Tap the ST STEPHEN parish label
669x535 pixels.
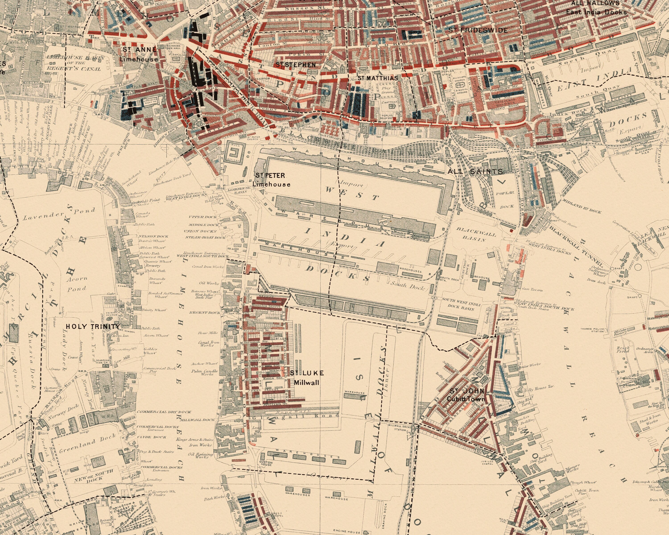(x=296, y=65)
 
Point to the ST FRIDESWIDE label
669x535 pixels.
(x=478, y=30)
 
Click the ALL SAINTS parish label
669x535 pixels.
(x=475, y=171)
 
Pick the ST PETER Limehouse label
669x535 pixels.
(x=271, y=180)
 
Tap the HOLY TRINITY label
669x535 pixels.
(x=93, y=327)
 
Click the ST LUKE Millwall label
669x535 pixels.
(x=307, y=377)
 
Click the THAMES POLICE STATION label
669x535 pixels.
(x=592, y=330)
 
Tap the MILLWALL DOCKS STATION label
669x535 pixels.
(x=400, y=428)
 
